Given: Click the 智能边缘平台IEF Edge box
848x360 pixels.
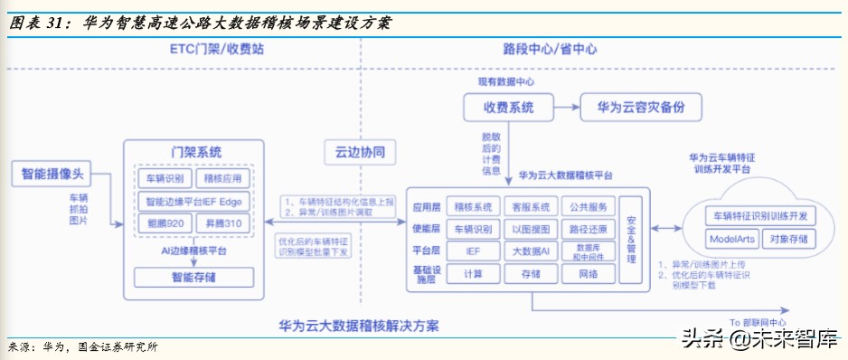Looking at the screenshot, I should [193, 201].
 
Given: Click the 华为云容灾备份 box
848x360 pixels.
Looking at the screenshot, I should [636, 108].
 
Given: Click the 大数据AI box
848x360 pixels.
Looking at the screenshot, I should [531, 250].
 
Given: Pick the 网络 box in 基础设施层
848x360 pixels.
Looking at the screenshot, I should [588, 272].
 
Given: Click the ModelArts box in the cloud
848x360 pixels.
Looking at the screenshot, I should [732, 240].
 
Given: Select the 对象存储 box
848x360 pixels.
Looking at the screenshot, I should [790, 240].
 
